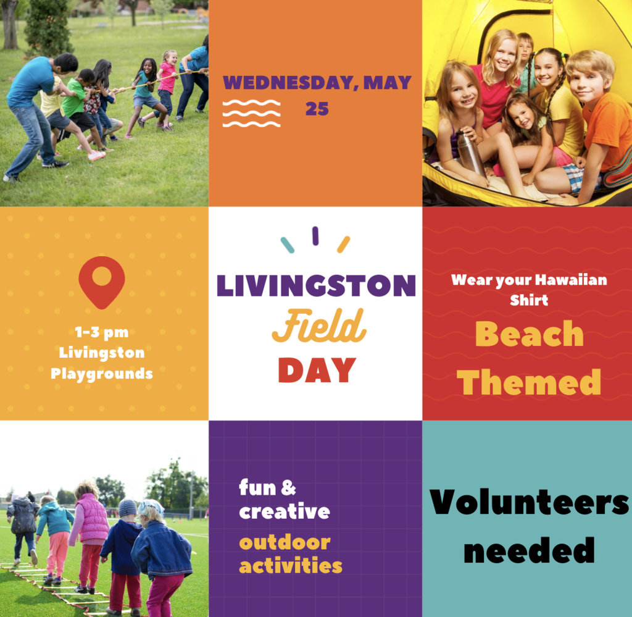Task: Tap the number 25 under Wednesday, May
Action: point(317,109)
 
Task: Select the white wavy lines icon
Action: point(252,114)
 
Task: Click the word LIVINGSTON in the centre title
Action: point(317,285)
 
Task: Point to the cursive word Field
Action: point(319,326)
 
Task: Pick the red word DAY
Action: point(317,370)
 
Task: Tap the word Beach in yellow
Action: point(529,334)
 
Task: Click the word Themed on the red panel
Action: point(529,382)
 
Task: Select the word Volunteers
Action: point(529,502)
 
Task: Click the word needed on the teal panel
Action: point(529,550)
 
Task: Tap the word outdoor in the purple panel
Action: point(285,542)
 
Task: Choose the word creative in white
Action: point(285,511)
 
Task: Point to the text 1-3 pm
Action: point(102,332)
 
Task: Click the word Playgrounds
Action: point(102,374)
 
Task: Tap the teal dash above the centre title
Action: point(288,245)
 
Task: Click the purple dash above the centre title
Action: point(315,236)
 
